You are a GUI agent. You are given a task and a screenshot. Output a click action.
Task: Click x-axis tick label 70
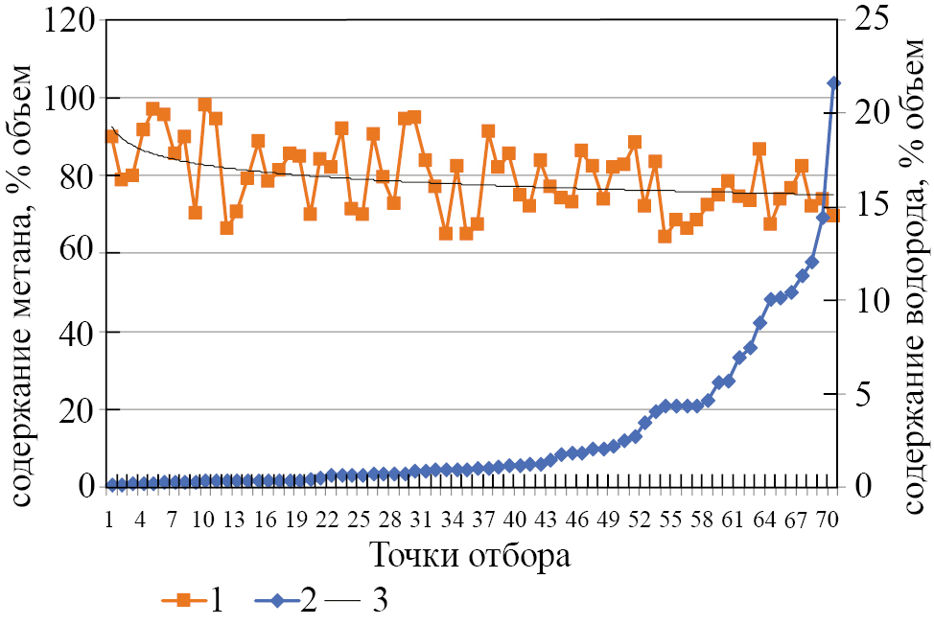pos(828,521)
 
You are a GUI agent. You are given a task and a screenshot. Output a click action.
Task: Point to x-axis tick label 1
pos(111,521)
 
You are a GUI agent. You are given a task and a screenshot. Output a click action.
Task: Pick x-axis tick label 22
pos(328,521)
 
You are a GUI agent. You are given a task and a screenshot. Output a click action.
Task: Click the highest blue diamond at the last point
pos(833,83)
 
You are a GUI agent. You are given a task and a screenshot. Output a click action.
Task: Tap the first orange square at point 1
pos(111,136)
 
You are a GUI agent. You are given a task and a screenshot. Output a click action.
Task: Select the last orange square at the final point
pos(833,215)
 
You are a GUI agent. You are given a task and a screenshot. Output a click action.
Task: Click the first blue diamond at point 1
pos(111,484)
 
